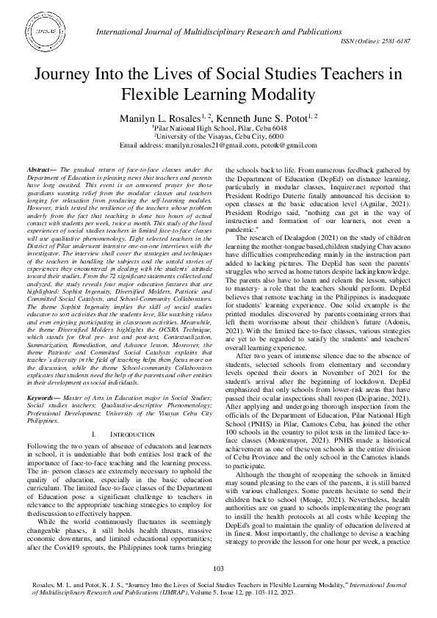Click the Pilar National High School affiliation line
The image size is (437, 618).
(218, 128)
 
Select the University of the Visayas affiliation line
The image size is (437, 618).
(218, 136)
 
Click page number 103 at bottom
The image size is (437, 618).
(218, 569)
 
